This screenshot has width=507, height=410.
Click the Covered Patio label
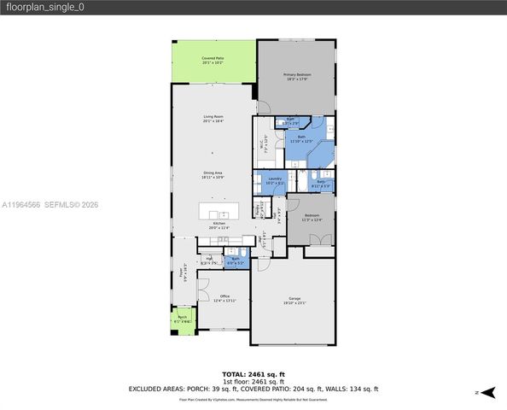pyautogui.click(x=213, y=60)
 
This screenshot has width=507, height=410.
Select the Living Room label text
pyautogui.click(x=213, y=118)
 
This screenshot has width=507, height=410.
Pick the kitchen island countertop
pyautogui.click(x=219, y=211)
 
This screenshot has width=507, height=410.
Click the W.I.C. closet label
pyautogui.click(x=265, y=144)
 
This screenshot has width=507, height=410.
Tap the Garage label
pyautogui.click(x=294, y=300)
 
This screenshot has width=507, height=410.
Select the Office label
pyautogui.click(x=225, y=297)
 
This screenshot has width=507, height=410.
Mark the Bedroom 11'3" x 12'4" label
pyautogui.click(x=312, y=217)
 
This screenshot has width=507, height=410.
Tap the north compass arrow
pyautogui.click(x=488, y=392)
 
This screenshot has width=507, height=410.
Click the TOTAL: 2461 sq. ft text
pyautogui.click(x=253, y=374)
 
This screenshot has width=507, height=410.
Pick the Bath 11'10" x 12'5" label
pyautogui.click(x=301, y=138)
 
